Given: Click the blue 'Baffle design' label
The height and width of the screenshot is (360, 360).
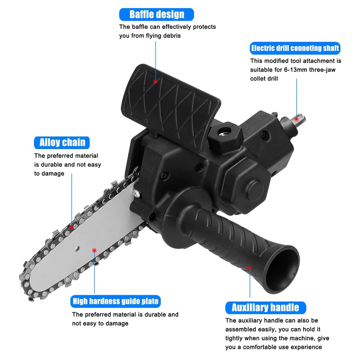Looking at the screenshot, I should click(x=157, y=14).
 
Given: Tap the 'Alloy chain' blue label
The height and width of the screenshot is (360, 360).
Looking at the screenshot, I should click(x=62, y=143).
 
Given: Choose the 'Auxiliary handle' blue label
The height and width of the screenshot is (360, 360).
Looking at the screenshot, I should click(x=265, y=308).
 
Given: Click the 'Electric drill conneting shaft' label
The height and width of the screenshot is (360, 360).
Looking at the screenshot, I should click(x=295, y=48).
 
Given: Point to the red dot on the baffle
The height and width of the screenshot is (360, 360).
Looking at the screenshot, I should click(x=155, y=82).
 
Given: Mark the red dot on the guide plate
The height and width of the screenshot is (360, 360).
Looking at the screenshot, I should click(x=93, y=248).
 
